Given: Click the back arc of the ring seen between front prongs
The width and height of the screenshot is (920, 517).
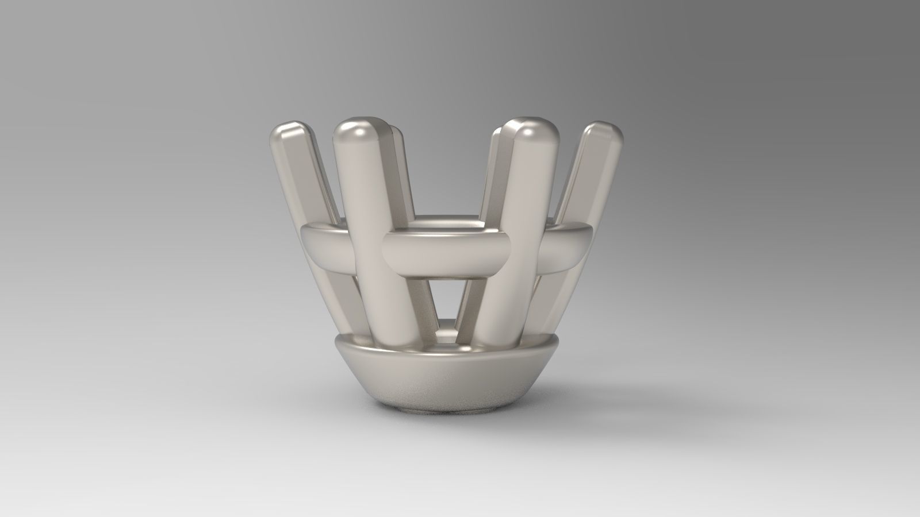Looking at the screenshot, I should [446, 222].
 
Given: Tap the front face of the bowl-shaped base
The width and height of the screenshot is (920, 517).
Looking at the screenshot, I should [446, 379].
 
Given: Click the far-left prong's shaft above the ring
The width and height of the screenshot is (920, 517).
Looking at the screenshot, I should [308, 178].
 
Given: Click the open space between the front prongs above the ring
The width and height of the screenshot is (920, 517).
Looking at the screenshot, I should [446, 172].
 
